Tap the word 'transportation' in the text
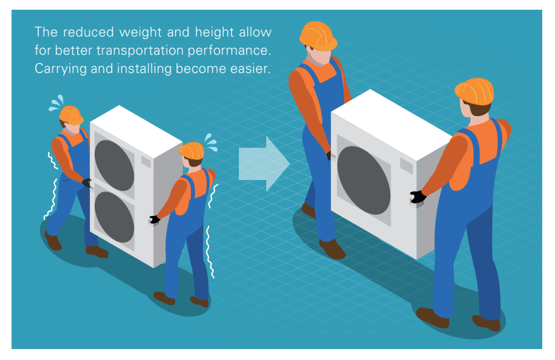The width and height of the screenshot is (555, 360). (x=140, y=50)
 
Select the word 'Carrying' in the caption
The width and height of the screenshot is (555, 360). (x=61, y=69)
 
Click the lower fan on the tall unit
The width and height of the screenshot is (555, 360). (x=114, y=217)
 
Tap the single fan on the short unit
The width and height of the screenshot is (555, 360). (x=364, y=180)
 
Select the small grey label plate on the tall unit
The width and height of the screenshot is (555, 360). (x=146, y=162)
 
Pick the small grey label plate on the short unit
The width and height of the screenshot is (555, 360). (x=406, y=165)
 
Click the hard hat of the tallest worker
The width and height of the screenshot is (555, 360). (x=318, y=36)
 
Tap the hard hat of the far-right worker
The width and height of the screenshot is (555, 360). (x=474, y=91)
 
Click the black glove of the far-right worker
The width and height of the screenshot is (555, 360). (x=418, y=196)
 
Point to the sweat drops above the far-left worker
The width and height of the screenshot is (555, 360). (x=57, y=103)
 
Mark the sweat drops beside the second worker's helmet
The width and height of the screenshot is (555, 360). (x=210, y=142)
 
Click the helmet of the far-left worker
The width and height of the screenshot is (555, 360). (x=71, y=115)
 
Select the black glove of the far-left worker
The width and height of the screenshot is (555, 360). (x=87, y=182)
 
